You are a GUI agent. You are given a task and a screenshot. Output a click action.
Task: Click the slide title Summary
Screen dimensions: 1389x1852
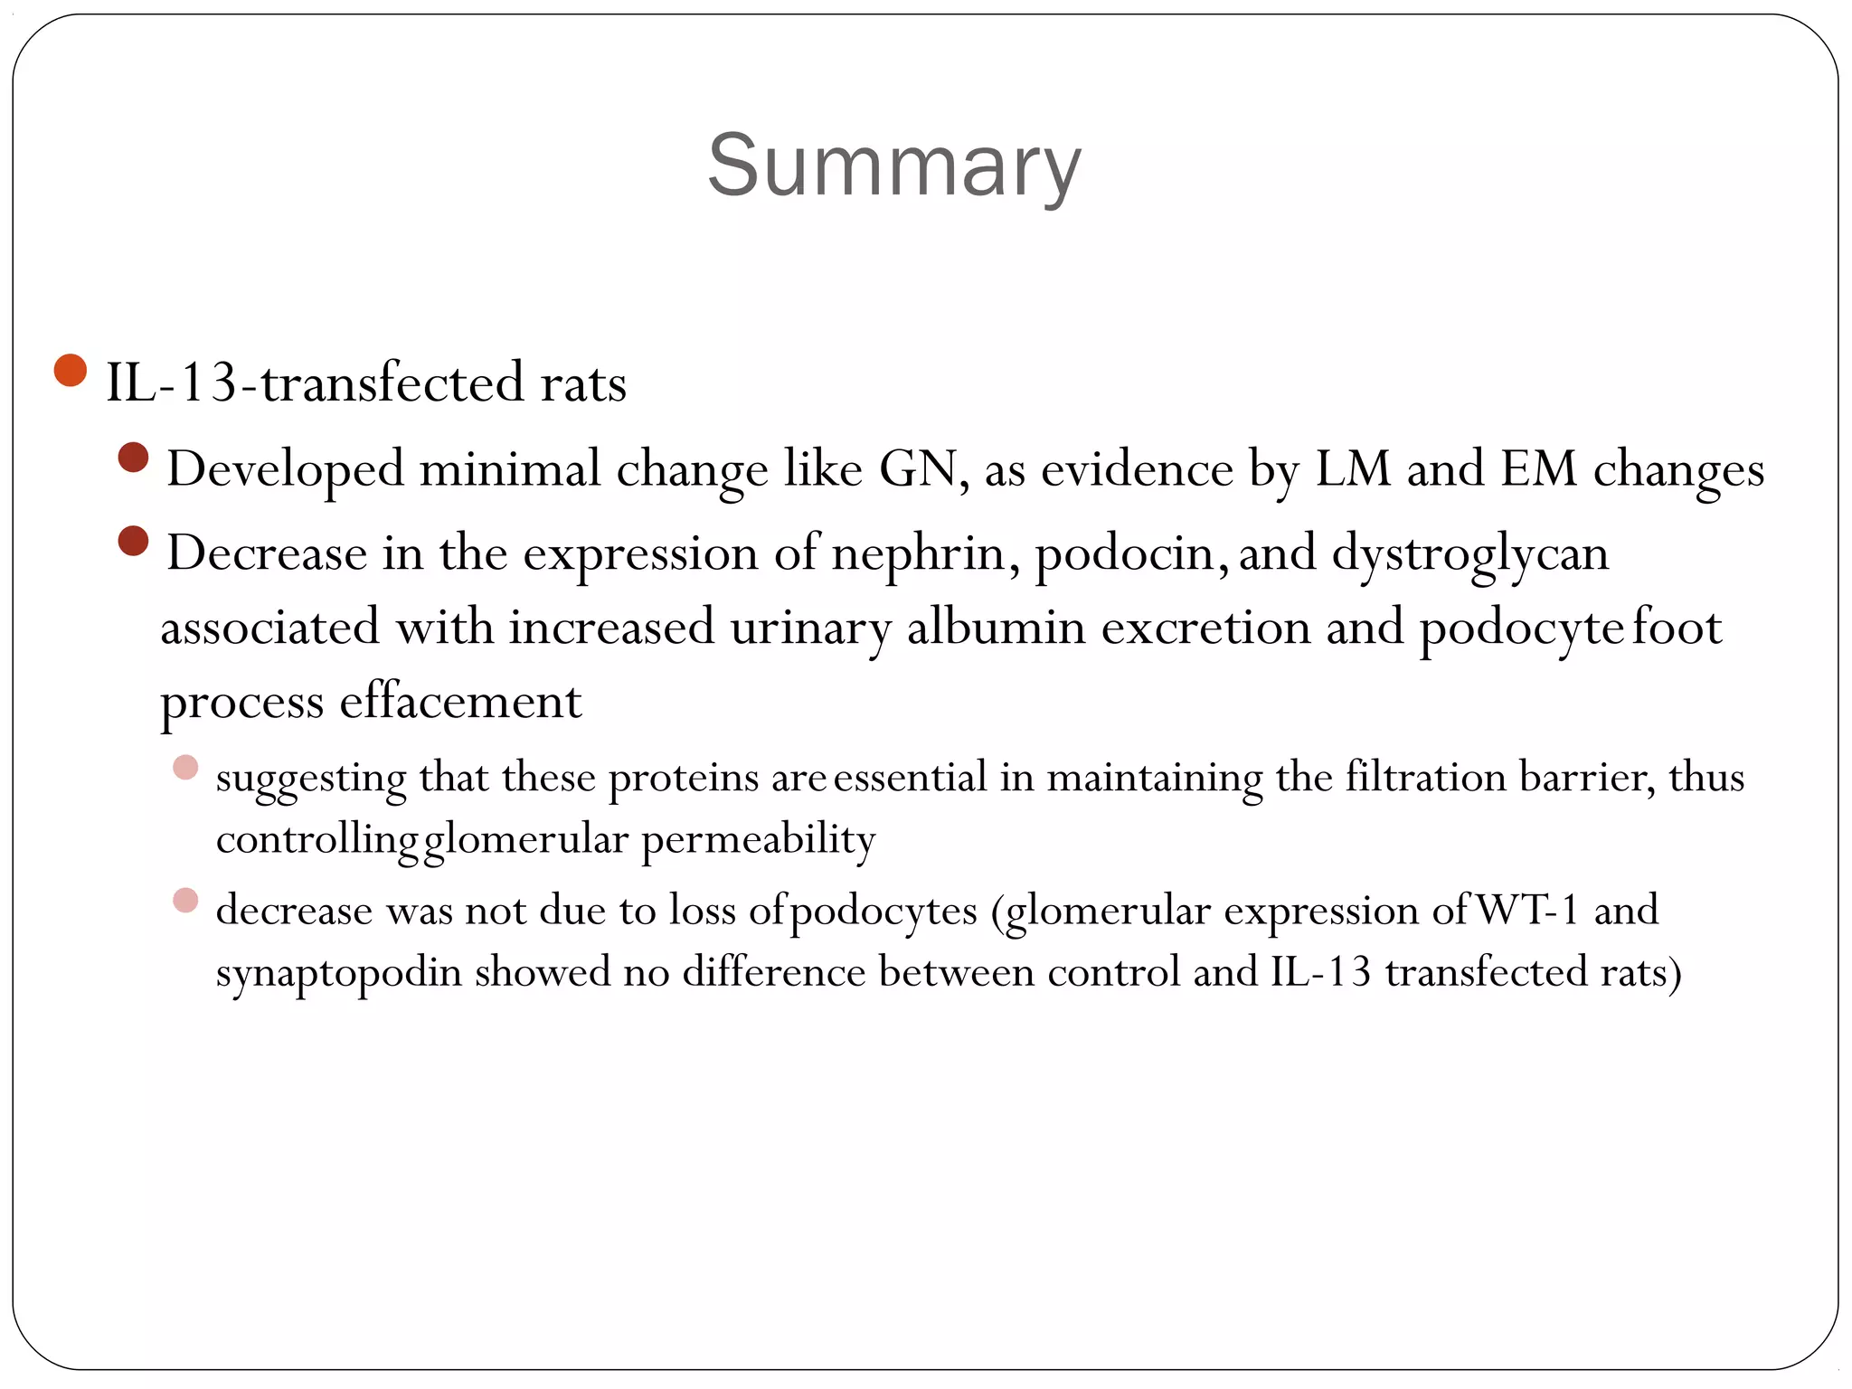(x=893, y=165)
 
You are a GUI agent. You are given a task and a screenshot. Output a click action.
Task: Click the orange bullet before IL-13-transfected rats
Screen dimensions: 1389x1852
(x=70, y=370)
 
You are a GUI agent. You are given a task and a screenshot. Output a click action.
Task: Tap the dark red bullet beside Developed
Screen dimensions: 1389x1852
(x=133, y=458)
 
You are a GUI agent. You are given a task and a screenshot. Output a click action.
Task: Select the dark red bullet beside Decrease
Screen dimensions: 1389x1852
(x=133, y=542)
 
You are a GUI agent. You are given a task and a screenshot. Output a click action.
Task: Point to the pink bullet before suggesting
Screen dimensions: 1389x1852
(x=185, y=768)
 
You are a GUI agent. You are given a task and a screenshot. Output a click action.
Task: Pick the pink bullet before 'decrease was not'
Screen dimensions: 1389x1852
(x=185, y=901)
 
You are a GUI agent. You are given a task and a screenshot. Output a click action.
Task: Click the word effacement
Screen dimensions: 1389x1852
(x=460, y=702)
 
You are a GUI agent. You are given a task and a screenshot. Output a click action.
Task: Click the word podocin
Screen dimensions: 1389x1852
(x=1129, y=553)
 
